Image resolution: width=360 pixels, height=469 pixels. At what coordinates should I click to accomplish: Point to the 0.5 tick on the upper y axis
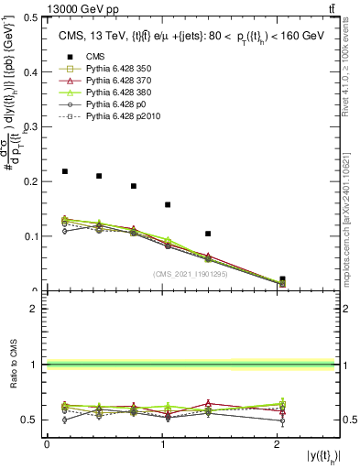click(x=33, y=17)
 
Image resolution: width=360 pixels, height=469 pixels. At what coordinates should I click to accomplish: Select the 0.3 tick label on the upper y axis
click(x=33, y=126)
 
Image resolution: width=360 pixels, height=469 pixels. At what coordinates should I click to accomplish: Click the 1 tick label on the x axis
click(x=163, y=444)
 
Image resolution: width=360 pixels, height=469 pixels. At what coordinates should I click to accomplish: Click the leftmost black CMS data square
click(x=64, y=171)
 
